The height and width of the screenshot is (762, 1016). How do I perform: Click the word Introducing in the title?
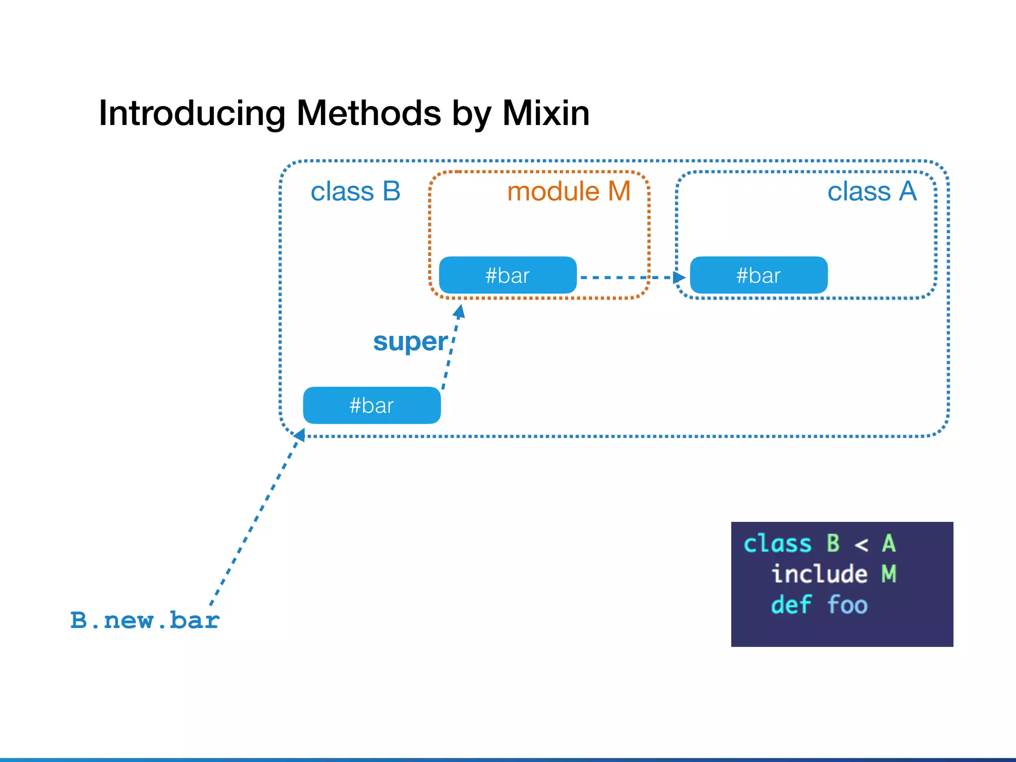pyautogui.click(x=191, y=114)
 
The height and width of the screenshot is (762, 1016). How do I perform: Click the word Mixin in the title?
pyautogui.click(x=546, y=114)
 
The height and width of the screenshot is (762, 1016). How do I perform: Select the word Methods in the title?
pyautogui.click(x=369, y=114)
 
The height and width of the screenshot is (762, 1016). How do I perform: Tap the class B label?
pyautogui.click(x=355, y=191)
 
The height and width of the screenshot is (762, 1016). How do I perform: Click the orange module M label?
pyautogui.click(x=569, y=191)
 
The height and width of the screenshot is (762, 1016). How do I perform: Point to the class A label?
pyautogui.click(x=872, y=191)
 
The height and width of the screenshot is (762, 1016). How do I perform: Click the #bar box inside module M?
pyautogui.click(x=508, y=275)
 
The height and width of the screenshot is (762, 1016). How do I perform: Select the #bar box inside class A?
pyautogui.click(x=759, y=275)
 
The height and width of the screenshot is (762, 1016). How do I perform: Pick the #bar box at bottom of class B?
pyautogui.click(x=372, y=405)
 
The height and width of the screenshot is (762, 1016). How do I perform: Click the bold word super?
pyautogui.click(x=410, y=342)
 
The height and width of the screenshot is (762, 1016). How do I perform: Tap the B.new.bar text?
pyautogui.click(x=144, y=621)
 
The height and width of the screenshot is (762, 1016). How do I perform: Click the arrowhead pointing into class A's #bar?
pyautogui.click(x=679, y=277)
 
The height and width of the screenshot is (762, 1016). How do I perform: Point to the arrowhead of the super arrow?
pyautogui.click(x=460, y=312)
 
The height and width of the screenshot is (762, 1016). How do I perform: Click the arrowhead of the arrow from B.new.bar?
pyautogui.click(x=300, y=435)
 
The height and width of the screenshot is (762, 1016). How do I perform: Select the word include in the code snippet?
pyautogui.click(x=819, y=574)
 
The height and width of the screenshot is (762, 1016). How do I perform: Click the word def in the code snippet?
pyautogui.click(x=791, y=605)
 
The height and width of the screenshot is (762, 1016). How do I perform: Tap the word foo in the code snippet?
pyautogui.click(x=847, y=605)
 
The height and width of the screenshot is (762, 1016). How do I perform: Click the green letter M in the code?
pyautogui.click(x=889, y=574)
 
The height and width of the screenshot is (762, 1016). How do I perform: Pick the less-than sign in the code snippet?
pyautogui.click(x=861, y=545)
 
